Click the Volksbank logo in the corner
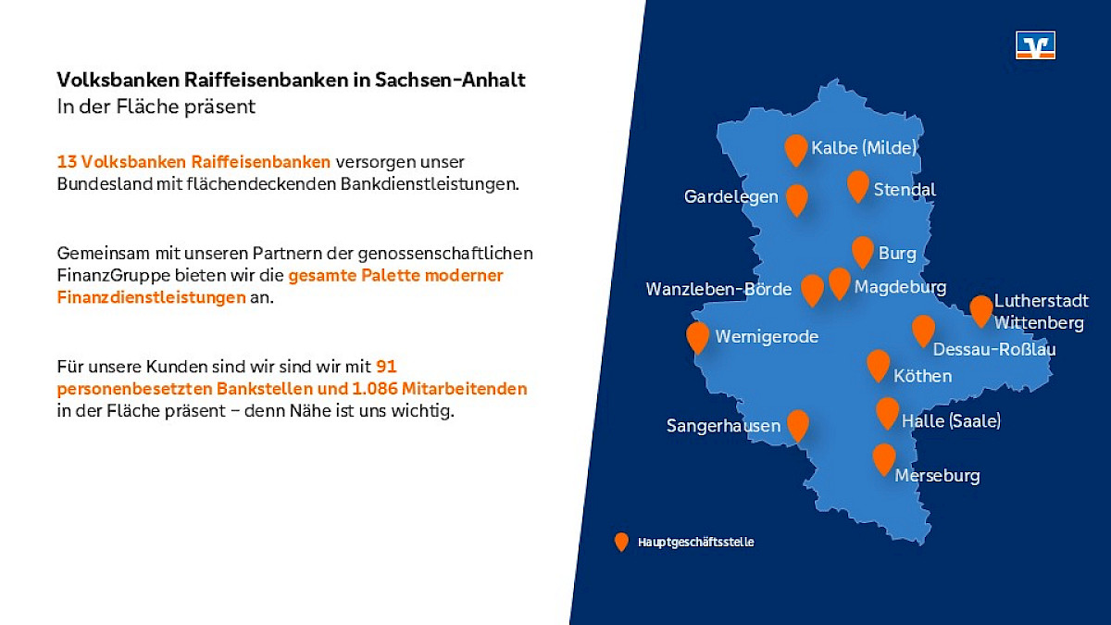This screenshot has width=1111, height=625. (1035, 45)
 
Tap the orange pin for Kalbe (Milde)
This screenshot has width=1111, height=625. (796, 150)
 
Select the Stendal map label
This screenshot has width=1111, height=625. (905, 190)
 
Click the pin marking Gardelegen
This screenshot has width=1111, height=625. (796, 200)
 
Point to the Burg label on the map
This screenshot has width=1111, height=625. (897, 254)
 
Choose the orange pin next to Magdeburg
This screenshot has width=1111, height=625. (839, 283)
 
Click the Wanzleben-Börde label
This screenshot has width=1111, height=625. (718, 289)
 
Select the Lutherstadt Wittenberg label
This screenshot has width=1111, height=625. (1042, 312)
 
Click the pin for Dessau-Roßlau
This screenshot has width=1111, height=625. (923, 331)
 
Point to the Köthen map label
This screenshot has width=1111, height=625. (922, 376)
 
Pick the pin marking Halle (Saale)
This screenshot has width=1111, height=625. (887, 413)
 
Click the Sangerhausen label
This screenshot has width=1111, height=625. (723, 426)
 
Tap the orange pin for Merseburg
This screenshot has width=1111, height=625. (884, 460)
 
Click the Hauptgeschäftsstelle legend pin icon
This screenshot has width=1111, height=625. (621, 543)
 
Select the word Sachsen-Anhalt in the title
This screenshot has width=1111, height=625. (450, 80)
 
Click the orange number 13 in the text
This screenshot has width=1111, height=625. (67, 162)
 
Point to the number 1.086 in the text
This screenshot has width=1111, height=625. (374, 389)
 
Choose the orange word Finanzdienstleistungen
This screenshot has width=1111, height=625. (151, 297)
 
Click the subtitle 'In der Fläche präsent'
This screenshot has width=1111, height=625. (156, 106)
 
